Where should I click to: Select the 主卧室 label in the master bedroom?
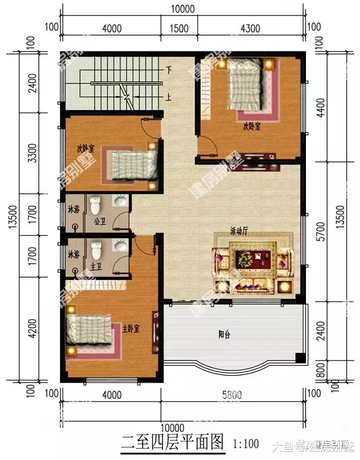(132, 328)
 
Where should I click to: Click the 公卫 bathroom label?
(100, 223)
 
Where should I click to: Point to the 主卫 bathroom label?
(96, 266)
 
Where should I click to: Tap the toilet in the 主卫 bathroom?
(96, 251)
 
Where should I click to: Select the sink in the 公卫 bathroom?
(120, 201)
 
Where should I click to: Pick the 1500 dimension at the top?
(179, 29)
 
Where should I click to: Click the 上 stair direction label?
(168, 96)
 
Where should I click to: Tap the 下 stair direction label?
(168, 69)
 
